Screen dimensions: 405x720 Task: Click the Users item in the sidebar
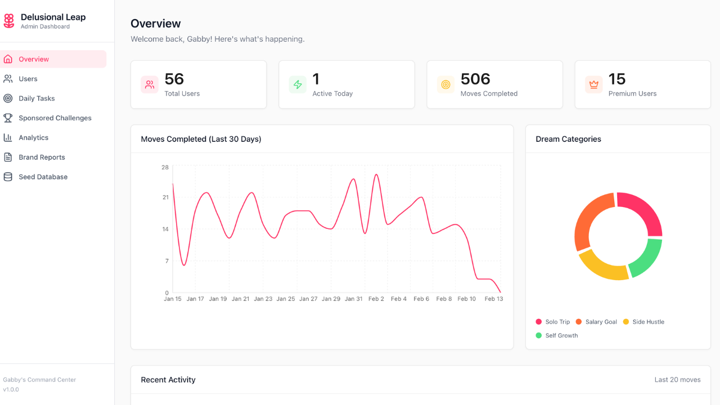click(28, 79)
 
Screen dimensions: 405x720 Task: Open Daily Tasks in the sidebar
click(37, 98)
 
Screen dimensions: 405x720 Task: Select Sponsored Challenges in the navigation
click(55, 118)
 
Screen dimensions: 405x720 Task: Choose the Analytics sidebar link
click(33, 138)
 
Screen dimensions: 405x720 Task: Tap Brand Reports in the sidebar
click(42, 157)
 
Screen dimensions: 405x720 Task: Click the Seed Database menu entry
click(43, 177)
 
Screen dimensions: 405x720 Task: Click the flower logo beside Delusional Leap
click(9, 21)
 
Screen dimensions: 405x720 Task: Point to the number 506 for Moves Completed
click(475, 79)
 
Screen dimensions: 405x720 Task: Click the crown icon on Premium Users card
click(593, 85)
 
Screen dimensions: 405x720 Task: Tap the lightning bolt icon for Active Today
click(298, 85)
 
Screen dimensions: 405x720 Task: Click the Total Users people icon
click(150, 85)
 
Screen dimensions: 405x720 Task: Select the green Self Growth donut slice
click(647, 257)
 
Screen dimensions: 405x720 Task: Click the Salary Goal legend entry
click(601, 322)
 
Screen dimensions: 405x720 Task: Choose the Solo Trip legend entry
click(557, 322)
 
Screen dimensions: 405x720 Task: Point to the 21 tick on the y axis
click(165, 197)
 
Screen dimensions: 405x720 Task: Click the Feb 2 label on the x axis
click(376, 299)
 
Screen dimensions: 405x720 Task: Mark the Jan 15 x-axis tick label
click(173, 299)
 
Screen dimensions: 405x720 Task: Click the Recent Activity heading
click(168, 380)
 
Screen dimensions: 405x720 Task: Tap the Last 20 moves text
click(677, 380)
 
